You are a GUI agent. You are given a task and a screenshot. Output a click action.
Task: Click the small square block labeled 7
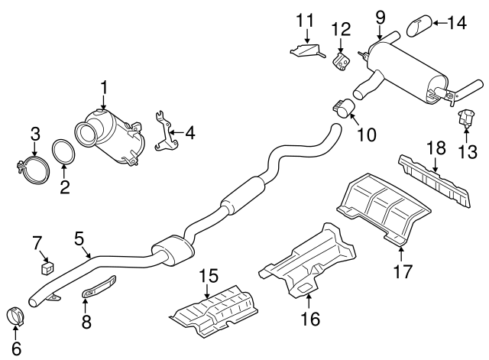[47, 267]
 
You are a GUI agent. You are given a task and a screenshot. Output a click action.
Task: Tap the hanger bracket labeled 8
[96, 290]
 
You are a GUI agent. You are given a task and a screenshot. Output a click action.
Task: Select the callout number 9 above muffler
[380, 16]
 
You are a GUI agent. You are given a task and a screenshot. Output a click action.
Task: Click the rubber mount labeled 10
[340, 108]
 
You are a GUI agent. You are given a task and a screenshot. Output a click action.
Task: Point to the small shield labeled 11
[307, 52]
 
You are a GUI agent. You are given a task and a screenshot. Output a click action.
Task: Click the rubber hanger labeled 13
[463, 118]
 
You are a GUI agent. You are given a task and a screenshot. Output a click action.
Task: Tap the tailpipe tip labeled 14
[416, 26]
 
